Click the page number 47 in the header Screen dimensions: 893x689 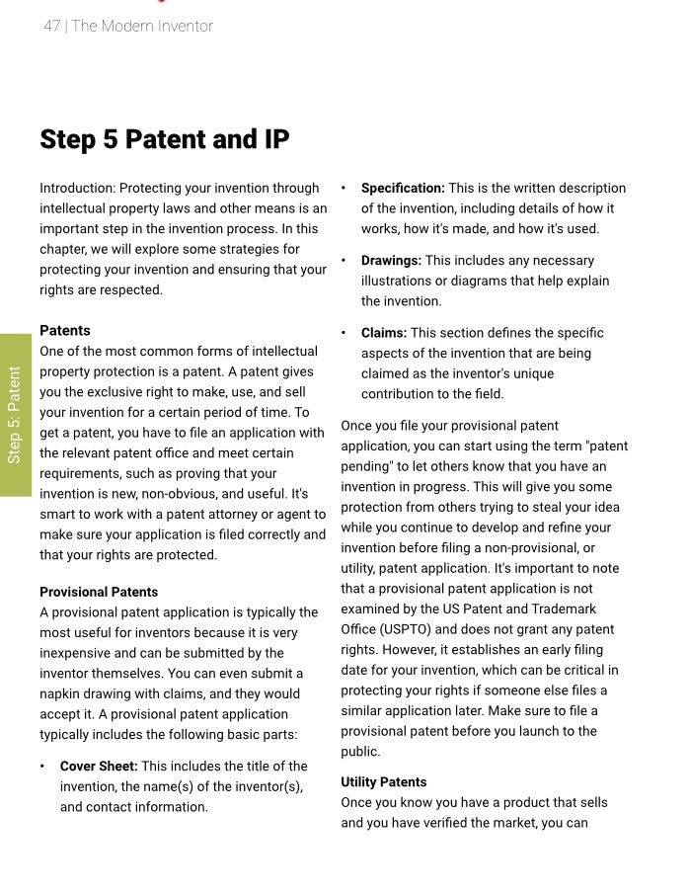51,27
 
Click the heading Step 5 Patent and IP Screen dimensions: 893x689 165,139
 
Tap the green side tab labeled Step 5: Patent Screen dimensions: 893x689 15,414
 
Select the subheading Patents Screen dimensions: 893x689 65,330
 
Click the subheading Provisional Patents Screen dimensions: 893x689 99,592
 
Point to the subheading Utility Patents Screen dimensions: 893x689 384,781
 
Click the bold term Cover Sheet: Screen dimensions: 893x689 99,766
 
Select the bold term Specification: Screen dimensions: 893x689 403,188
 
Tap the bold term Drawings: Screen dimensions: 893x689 391,260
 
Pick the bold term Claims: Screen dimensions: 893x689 383,333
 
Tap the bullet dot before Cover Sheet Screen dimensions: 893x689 42,766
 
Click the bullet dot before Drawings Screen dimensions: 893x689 344,260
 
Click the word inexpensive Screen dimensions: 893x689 78,653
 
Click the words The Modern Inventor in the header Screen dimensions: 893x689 142,27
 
